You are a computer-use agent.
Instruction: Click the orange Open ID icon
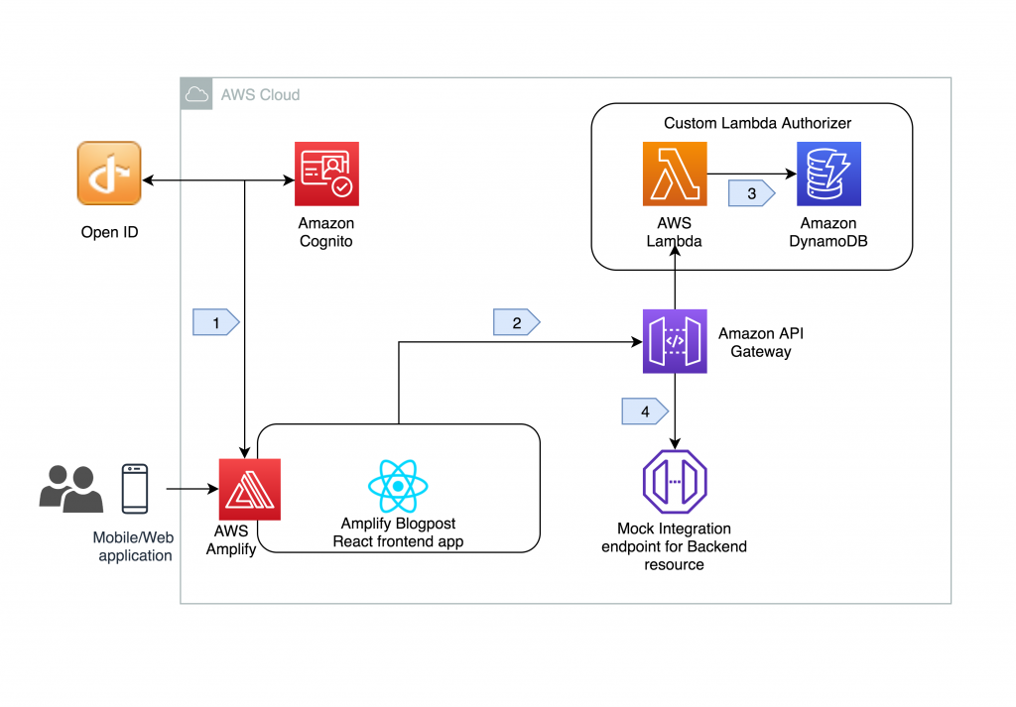pos(109,174)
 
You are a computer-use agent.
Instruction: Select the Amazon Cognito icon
pos(326,174)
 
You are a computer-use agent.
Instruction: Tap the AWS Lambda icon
pos(675,174)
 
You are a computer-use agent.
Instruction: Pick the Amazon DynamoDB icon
pos(828,174)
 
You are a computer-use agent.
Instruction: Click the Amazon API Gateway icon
pos(675,341)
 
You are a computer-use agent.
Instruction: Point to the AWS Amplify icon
pos(249,490)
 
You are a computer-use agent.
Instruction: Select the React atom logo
pos(398,486)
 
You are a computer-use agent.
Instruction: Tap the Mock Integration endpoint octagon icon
pos(675,482)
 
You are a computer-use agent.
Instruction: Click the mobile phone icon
pos(135,489)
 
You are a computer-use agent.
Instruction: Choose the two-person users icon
pos(71,489)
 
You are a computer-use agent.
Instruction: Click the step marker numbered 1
pos(216,322)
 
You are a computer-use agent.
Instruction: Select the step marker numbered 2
pos(516,322)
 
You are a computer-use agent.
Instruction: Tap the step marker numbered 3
pos(752,193)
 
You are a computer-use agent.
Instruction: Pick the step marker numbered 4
pos(645,412)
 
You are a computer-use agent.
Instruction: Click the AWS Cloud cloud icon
pos(196,94)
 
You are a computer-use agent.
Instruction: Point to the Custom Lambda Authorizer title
pos(757,123)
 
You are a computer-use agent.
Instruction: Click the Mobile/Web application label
pos(134,546)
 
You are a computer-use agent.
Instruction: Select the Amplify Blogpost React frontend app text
pos(398,532)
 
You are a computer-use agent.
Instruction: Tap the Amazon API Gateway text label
pos(761,342)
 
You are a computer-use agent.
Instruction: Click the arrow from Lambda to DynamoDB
pos(752,174)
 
